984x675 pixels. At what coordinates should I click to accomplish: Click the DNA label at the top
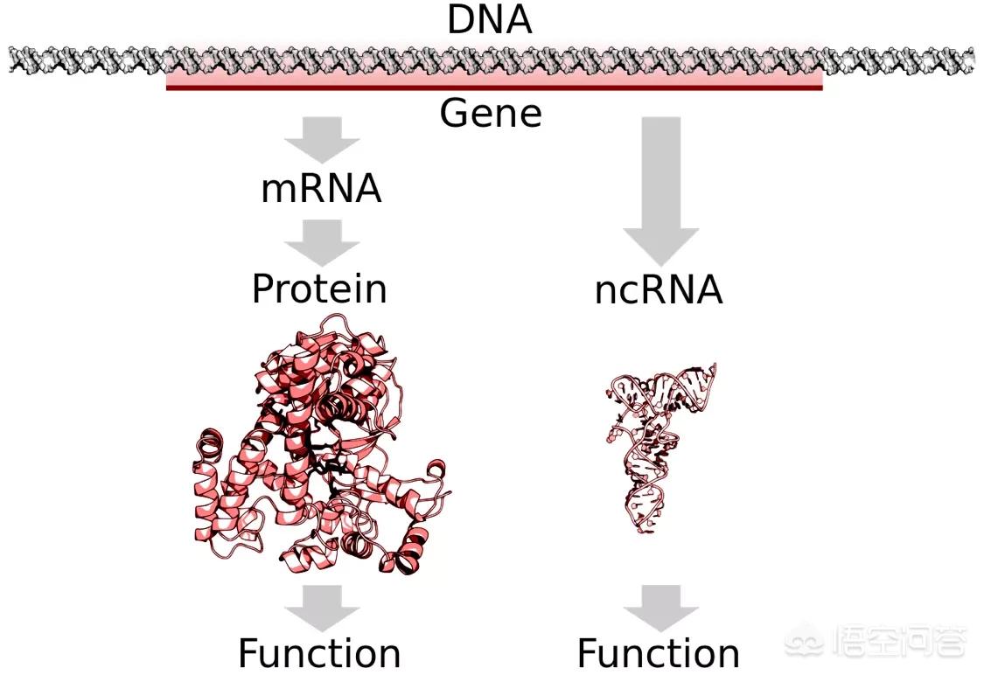pyautogui.click(x=490, y=19)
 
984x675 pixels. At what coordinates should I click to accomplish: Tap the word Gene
pyautogui.click(x=491, y=113)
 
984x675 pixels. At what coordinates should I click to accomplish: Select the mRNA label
pyautogui.click(x=321, y=188)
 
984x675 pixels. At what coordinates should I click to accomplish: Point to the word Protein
pyautogui.click(x=319, y=289)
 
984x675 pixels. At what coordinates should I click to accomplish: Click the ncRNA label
pyautogui.click(x=659, y=289)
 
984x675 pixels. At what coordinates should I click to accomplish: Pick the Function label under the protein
pyautogui.click(x=319, y=653)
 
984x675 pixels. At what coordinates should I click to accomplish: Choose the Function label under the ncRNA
pyautogui.click(x=659, y=653)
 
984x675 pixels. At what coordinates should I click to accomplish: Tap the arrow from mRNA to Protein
pyautogui.click(x=322, y=243)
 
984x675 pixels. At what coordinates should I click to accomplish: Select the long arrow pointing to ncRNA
pyautogui.click(x=661, y=191)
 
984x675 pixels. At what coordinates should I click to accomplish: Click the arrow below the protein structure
pyautogui.click(x=322, y=609)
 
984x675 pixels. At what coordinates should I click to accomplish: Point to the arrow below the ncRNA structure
pyautogui.click(x=661, y=609)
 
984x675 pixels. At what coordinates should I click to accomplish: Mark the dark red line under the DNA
pyautogui.click(x=494, y=87)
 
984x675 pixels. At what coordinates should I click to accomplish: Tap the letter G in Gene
pyautogui.click(x=454, y=113)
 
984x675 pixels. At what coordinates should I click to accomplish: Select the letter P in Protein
pyautogui.click(x=262, y=289)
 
